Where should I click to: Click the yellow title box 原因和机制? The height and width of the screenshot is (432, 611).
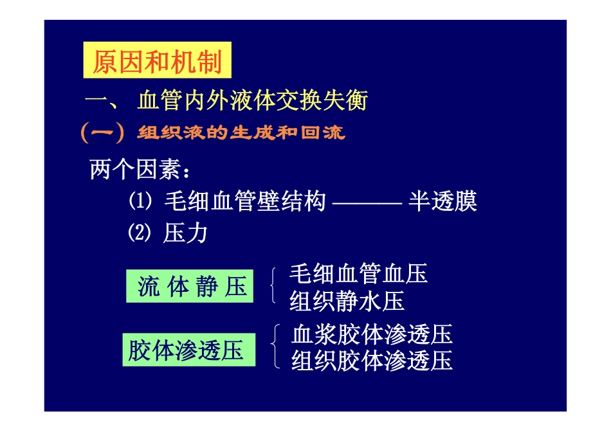(157, 62)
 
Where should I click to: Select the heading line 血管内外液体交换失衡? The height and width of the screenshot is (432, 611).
(252, 101)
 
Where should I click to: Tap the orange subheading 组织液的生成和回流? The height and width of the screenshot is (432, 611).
(241, 133)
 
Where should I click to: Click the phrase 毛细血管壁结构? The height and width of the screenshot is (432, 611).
(245, 202)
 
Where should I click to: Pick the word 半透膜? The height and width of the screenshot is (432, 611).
(442, 202)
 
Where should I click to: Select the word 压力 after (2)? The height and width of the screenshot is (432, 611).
(185, 233)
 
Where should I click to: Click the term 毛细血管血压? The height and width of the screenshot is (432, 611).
(358, 274)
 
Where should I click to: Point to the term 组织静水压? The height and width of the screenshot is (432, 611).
(347, 301)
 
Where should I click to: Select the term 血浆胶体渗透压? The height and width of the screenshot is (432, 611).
(372, 334)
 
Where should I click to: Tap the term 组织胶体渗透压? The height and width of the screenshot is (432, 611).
(372, 361)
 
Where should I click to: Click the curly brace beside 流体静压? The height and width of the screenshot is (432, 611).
(275, 287)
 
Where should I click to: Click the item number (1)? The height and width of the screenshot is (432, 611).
(140, 202)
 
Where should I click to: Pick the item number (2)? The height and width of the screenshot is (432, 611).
(140, 233)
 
